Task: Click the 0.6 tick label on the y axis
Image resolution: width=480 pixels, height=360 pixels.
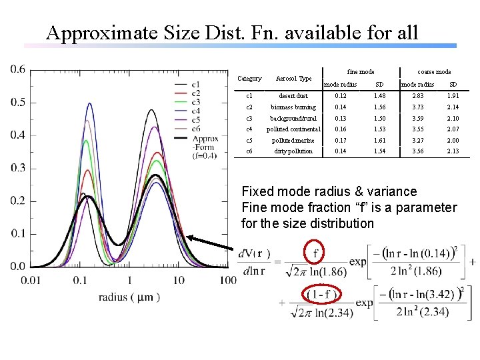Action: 18,69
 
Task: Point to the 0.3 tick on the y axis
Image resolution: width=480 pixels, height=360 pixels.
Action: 18,168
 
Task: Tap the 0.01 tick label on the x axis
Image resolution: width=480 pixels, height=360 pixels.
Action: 31,279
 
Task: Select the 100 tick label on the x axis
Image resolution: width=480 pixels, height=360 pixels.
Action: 227,279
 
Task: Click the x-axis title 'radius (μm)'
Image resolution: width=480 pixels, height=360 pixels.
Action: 129,297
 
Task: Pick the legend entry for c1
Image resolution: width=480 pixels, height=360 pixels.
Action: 197,85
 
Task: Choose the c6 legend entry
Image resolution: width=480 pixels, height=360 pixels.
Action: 197,128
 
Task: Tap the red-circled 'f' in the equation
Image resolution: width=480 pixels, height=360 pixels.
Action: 315,253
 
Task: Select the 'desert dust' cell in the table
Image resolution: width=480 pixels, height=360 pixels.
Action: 293,96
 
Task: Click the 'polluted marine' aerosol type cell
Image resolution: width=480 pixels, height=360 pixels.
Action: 293,140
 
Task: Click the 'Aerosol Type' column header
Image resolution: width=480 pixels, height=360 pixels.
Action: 293,79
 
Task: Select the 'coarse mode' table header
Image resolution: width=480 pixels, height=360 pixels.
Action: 433,71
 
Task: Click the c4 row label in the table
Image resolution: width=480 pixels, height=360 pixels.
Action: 249,129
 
